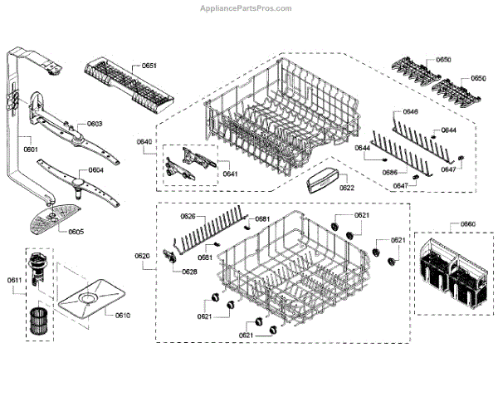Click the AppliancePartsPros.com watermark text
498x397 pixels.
(x=247, y=8)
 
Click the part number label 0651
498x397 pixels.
(x=149, y=65)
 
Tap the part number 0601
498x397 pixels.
(x=30, y=149)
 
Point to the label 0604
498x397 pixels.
(x=95, y=170)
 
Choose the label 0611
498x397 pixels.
(x=14, y=280)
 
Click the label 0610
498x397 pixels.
(x=122, y=316)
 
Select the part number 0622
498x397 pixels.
(x=347, y=188)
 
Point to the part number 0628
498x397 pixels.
(x=189, y=272)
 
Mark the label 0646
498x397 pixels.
(x=411, y=111)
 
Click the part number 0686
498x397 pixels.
(x=388, y=171)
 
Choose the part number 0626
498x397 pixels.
(x=188, y=216)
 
